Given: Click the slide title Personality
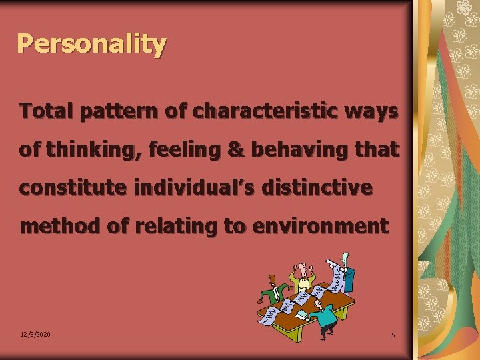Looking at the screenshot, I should tap(91, 44).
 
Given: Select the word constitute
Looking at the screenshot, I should tap(72, 188).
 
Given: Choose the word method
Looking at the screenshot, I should tap(61, 226).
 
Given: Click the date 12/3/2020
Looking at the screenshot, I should tap(36, 334).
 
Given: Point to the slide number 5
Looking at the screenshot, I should tap(393, 335).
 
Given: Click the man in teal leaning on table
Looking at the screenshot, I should tap(325, 317).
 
